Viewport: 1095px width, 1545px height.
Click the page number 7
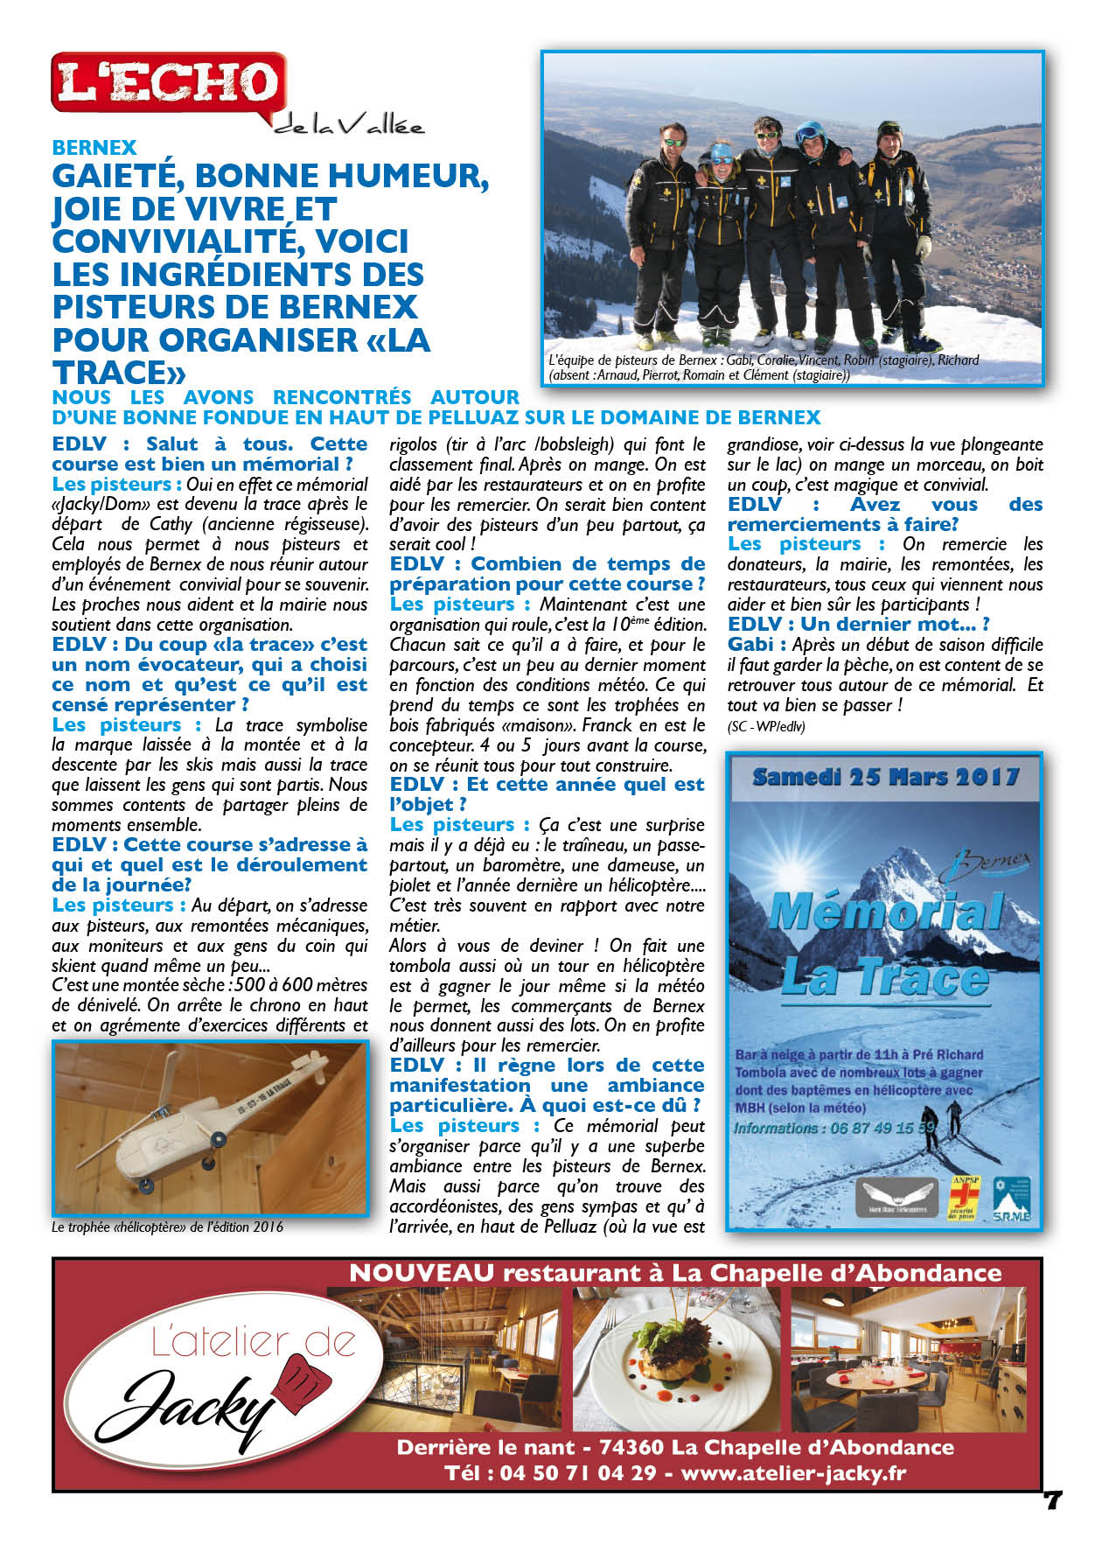1052,1500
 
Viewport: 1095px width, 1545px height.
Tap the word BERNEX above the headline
94,148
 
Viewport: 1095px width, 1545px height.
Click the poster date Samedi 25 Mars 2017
885,777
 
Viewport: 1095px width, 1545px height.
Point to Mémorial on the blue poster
885,912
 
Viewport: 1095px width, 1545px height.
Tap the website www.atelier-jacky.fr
793,1472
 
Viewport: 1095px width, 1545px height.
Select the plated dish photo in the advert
678,1359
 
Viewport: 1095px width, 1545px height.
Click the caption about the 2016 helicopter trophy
167,1227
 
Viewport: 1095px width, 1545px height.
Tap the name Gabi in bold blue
750,645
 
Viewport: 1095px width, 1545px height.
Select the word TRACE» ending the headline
119,373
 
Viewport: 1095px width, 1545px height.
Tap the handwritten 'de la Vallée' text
350,127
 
